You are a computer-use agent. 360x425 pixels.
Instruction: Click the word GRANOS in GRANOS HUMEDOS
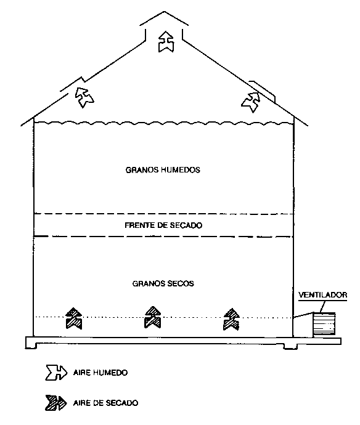coord(142,170)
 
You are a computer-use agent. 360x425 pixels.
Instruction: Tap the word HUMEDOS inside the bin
coord(181,170)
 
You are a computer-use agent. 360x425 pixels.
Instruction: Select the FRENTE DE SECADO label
coord(163,225)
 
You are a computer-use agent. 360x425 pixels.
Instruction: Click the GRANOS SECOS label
coord(163,284)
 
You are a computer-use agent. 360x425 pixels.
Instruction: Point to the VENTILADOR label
coord(322,295)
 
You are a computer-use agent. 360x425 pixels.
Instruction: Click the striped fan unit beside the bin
coord(324,325)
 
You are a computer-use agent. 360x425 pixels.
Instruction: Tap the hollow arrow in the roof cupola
coord(166,41)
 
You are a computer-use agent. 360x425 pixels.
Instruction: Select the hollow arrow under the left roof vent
coord(84,97)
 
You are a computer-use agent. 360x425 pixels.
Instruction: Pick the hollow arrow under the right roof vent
coord(251,102)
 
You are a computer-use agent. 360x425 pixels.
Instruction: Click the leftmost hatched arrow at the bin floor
coord(74,318)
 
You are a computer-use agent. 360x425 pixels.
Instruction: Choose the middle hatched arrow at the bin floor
coord(153,317)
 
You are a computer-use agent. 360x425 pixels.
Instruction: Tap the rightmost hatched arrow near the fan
coord(231,319)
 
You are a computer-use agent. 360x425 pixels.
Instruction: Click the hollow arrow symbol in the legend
coord(56,373)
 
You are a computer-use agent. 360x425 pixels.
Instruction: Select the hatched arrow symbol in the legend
coord(55,403)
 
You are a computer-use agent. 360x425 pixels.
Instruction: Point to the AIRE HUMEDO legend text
coord(100,373)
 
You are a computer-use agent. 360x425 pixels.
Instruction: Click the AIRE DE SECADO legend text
coord(105,403)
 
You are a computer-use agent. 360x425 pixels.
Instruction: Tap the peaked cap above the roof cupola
coord(164,18)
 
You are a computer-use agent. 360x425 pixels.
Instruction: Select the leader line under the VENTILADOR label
coord(322,307)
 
